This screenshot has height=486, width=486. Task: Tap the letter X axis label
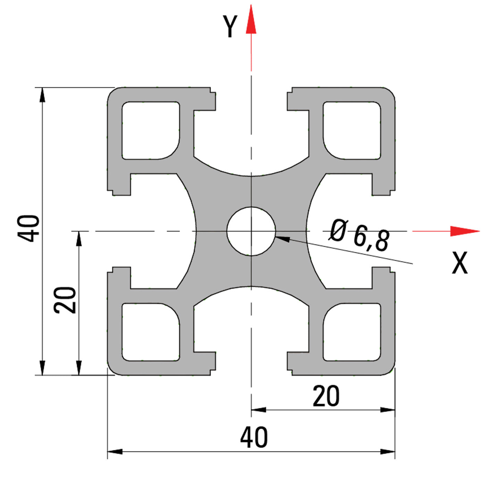pos(460,263)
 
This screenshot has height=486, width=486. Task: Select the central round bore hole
pos(251,231)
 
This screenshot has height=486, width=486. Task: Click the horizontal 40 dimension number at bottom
pos(254,438)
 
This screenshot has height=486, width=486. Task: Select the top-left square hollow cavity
pos(150,131)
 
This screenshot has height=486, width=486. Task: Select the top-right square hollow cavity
pos(352,131)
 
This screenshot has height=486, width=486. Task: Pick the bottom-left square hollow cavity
pos(150,332)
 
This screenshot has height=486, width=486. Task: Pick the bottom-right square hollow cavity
pos(352,332)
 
